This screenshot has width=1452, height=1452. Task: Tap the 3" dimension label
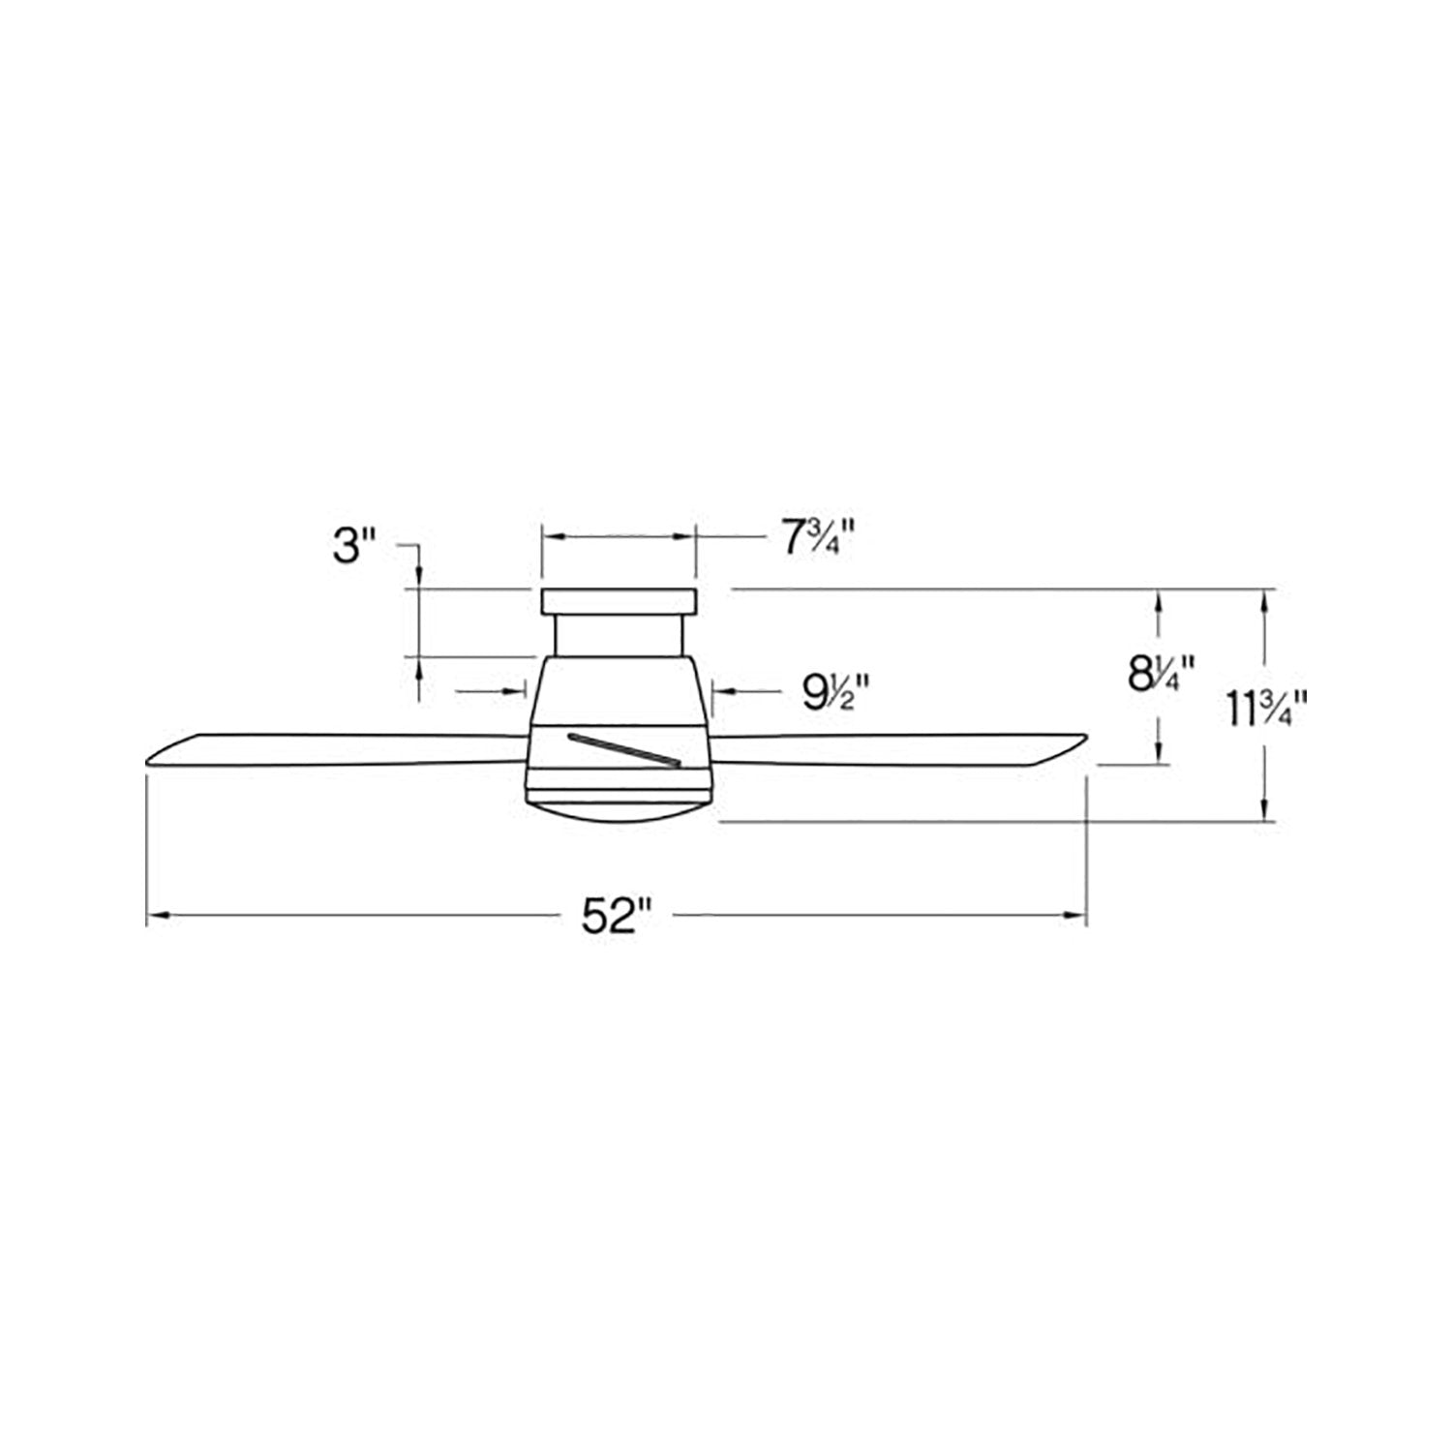click(353, 549)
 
